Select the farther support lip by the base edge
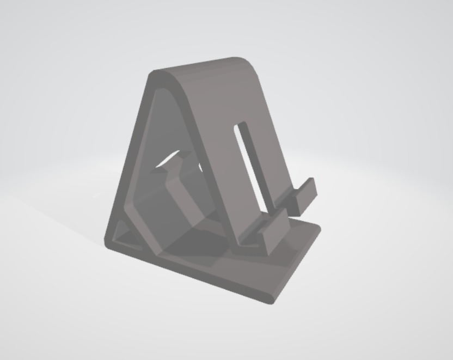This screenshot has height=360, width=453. point(305,194)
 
